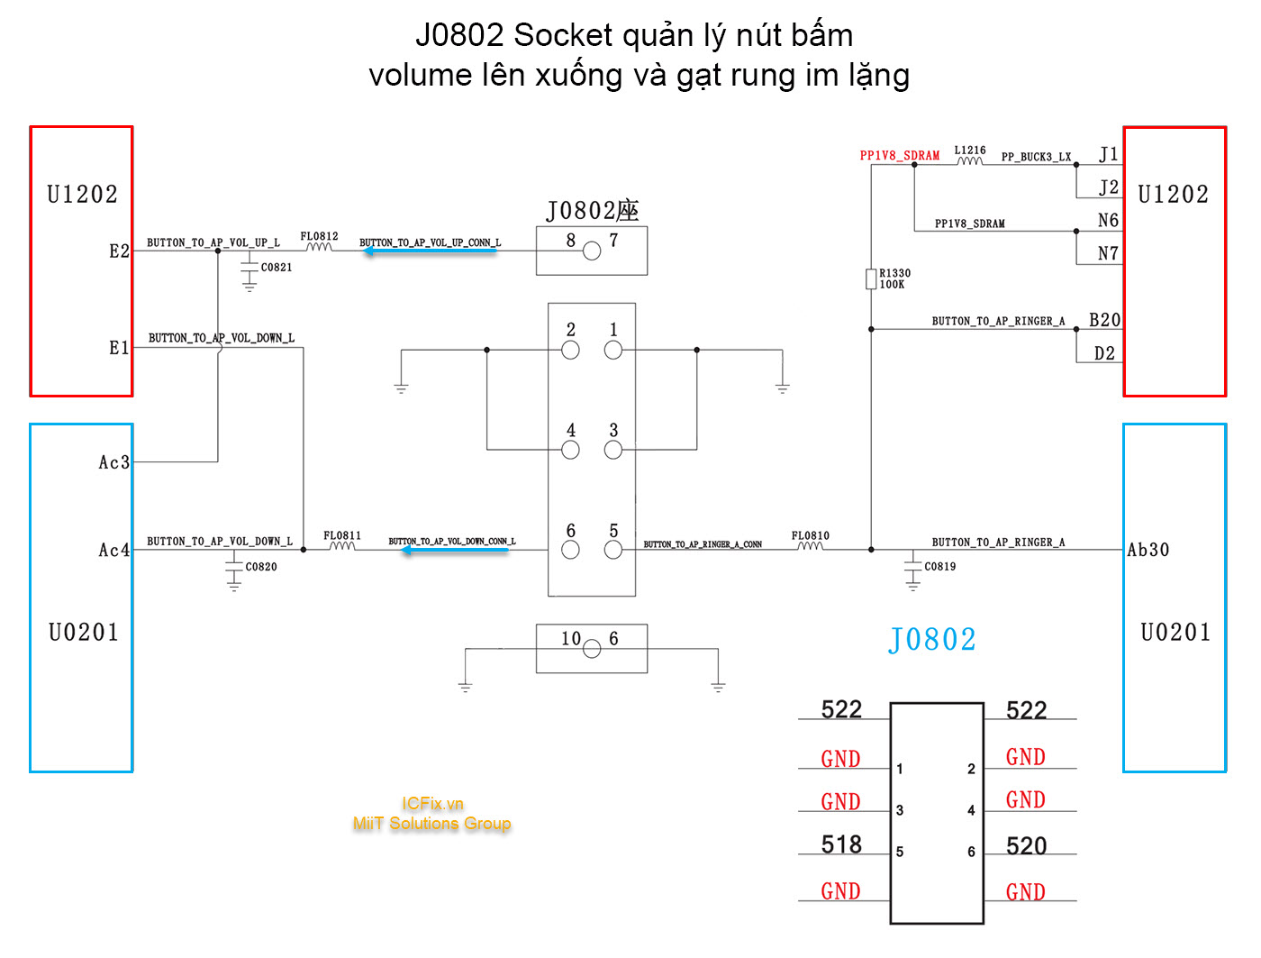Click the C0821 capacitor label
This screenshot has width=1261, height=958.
pos(277,267)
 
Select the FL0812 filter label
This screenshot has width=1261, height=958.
pos(319,236)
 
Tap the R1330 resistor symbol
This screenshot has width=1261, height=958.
pos(871,278)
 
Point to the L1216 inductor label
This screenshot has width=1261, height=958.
pos(970,151)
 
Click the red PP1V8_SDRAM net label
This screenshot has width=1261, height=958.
pos(899,156)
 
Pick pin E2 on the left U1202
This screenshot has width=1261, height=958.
pos(120,251)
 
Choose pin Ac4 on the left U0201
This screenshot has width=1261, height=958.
pos(114,550)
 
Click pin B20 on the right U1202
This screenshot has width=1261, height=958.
pos(1104,320)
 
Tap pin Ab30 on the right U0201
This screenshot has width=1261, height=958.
pos(1148,550)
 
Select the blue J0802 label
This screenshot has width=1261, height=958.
pos(932,640)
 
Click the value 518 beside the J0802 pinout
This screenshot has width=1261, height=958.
pos(841,844)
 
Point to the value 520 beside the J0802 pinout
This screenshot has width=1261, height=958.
pos(1027,845)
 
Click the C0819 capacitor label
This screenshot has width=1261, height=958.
pos(940,566)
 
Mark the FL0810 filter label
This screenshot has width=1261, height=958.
pos(811,535)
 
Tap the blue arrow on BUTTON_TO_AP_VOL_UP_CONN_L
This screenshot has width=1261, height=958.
pos(430,251)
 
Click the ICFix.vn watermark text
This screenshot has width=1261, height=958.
pos(432,803)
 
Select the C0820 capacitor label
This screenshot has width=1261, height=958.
pos(261,567)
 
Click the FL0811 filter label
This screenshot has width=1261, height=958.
pos(342,535)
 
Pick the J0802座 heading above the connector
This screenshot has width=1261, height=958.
pos(592,211)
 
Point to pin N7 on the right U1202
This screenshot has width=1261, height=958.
pos(1108,253)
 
